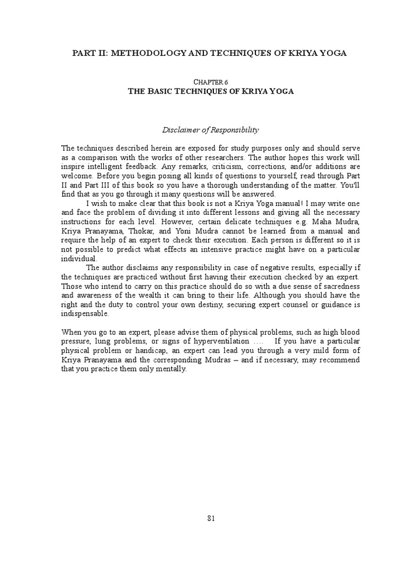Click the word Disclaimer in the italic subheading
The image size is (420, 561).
point(180,130)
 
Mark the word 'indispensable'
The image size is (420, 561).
point(85,314)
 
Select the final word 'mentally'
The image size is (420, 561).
point(171,369)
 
